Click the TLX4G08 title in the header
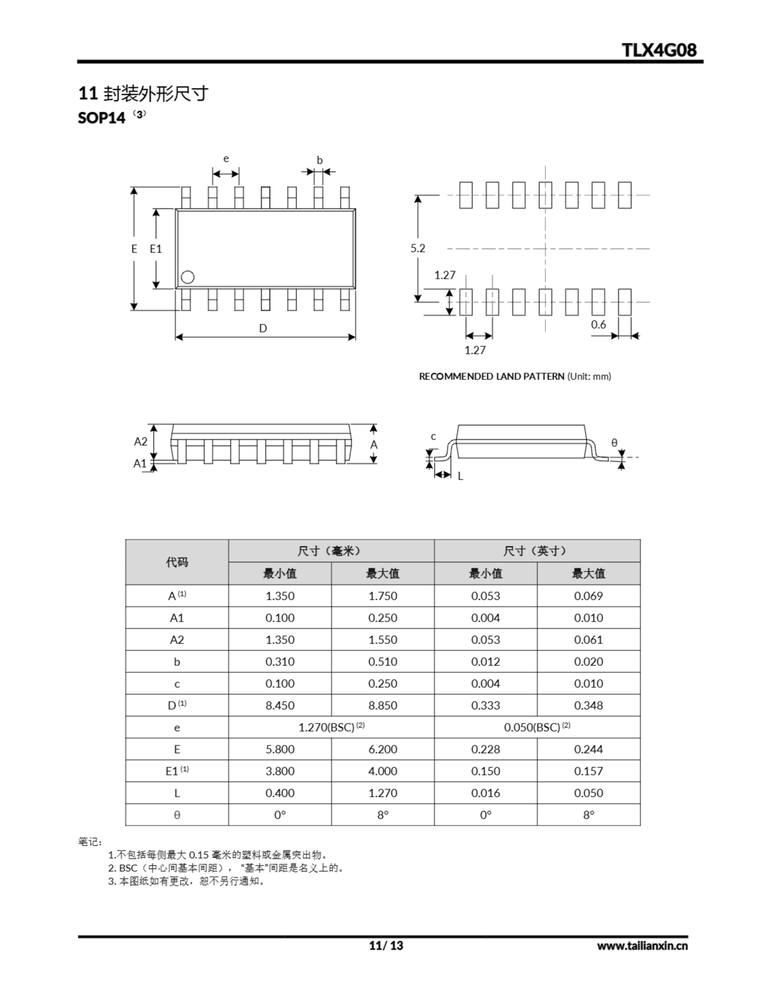pos(658,50)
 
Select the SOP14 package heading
pos(102,118)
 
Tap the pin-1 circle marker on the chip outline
pos(187,277)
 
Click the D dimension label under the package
pos(263,328)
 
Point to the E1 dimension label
pos(156,249)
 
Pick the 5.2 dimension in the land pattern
pos(418,248)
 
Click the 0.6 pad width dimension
pos(598,324)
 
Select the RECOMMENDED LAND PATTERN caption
pos(515,376)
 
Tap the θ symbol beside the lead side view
pos(614,443)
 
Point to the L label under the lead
pos(460,476)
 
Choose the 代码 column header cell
pos(177,562)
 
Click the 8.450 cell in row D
pos(280,706)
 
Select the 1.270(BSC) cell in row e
pos(331,727)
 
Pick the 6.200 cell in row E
pos(383,749)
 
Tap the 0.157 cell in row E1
pos(589,771)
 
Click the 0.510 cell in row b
pos(383,662)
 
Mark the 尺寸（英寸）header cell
pos(537,551)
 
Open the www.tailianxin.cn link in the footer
pos(642,946)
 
